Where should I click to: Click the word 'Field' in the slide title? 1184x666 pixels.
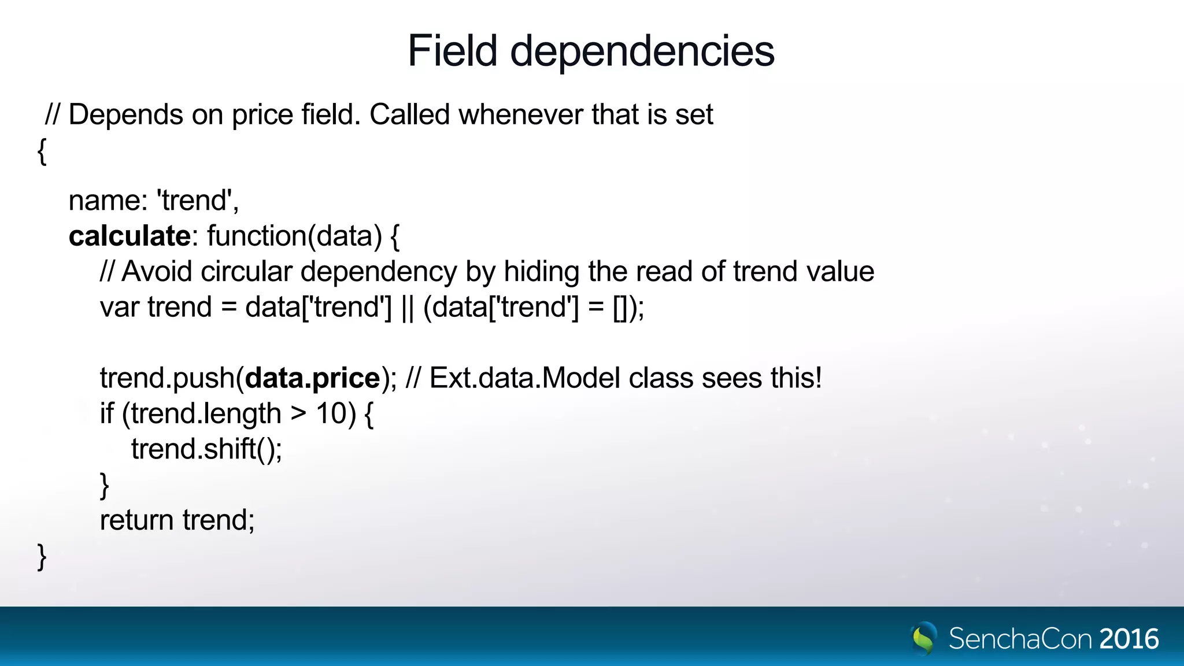click(452, 51)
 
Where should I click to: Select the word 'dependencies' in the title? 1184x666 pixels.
click(642, 52)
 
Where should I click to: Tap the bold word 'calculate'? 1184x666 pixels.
click(129, 236)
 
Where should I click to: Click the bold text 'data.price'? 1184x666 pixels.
click(312, 378)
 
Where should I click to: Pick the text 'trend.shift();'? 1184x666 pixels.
click(206, 449)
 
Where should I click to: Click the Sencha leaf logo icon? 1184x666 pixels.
click(924, 638)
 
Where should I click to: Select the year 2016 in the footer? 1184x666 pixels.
click(1129, 639)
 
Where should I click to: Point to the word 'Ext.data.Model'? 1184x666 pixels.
click(525, 378)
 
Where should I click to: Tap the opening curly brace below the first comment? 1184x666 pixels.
click(42, 151)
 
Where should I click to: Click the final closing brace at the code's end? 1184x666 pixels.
click(42, 557)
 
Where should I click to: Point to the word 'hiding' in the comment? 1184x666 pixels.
click(541, 272)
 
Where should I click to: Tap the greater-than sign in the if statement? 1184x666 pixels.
click(298, 414)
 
